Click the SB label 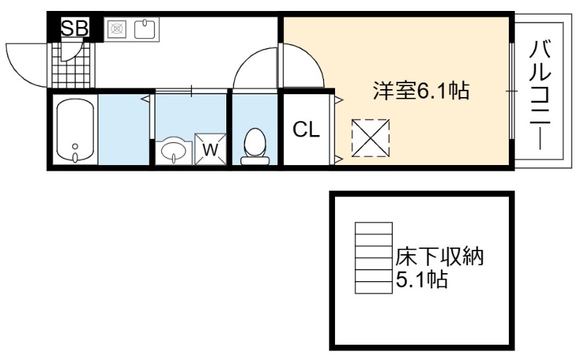tap(74, 28)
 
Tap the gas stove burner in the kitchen tap(118, 28)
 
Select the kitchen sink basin tap(145, 28)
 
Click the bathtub tap(75, 129)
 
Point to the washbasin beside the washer tap(174, 150)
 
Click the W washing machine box tap(210, 149)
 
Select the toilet tap(255, 147)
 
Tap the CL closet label tap(306, 130)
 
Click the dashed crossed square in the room tap(370, 138)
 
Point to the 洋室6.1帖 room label tap(421, 91)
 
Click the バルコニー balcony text tap(540, 96)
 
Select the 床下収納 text tap(439, 257)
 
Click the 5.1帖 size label tap(421, 279)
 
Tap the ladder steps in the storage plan tap(374, 258)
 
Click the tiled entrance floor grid tap(71, 65)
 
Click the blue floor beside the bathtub tap(123, 129)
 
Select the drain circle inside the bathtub tap(75, 147)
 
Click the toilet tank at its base tap(255, 161)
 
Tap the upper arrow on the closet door tap(339, 99)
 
